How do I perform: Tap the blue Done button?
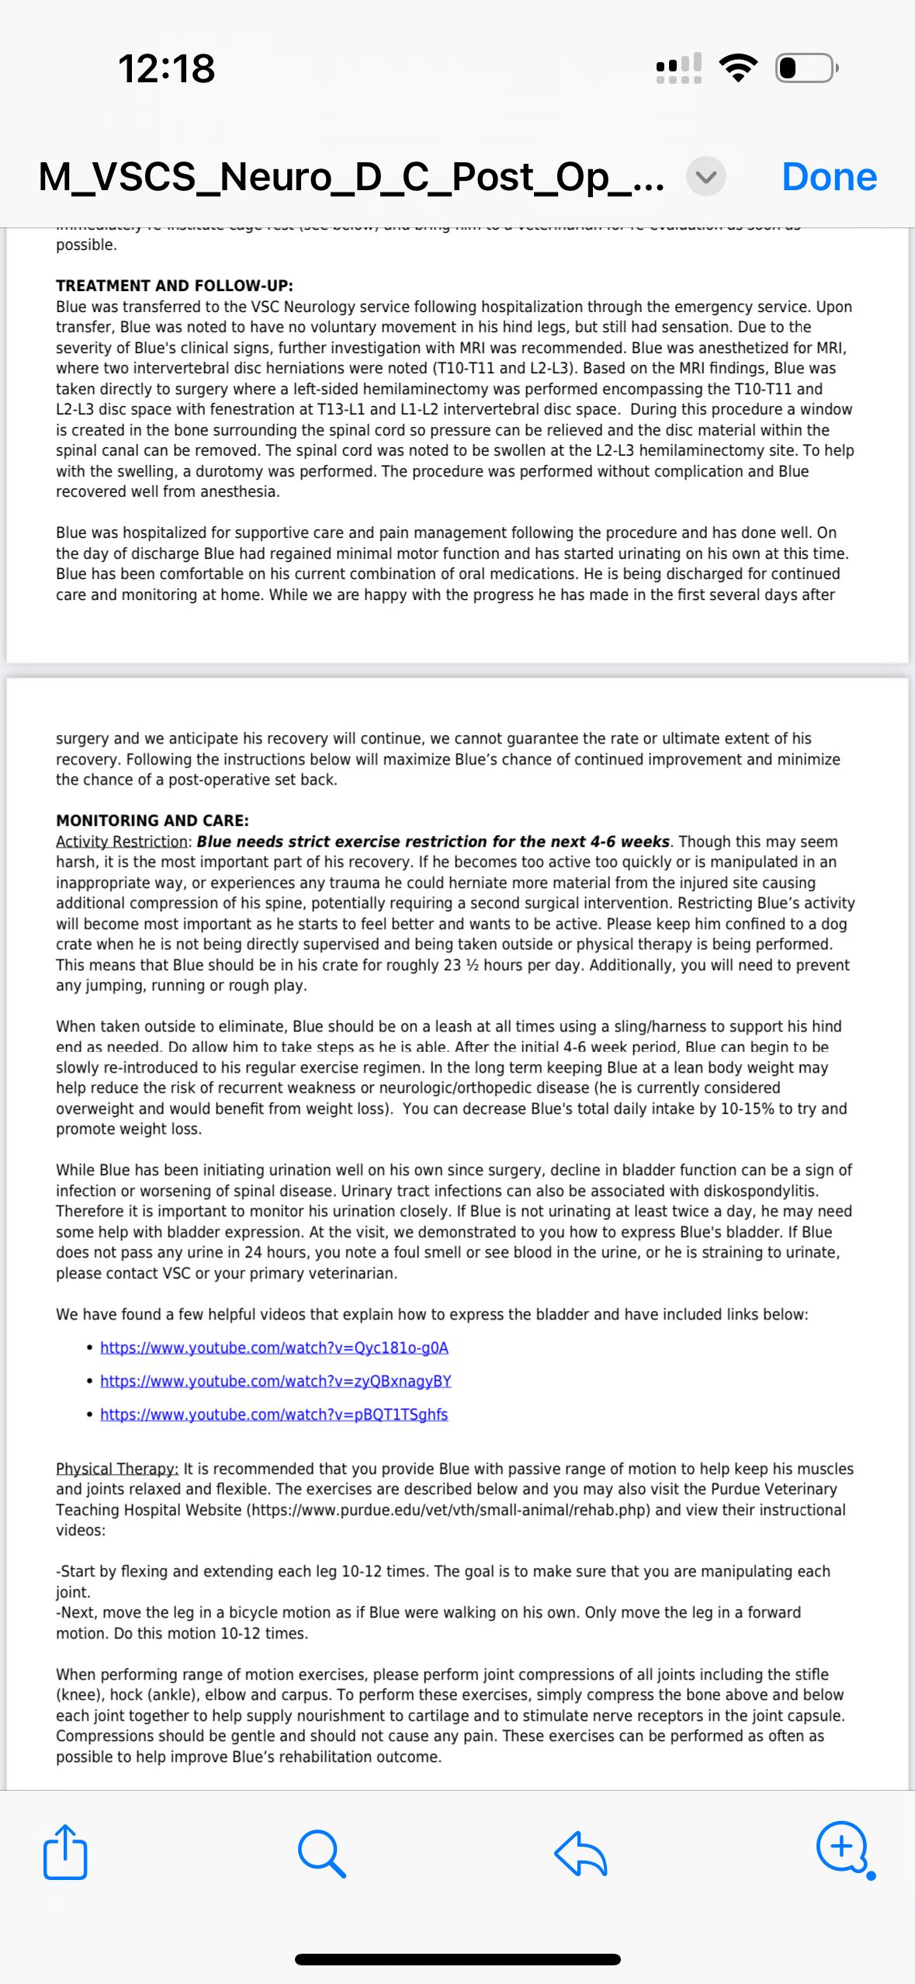[x=829, y=177]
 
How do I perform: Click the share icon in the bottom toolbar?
[x=65, y=1852]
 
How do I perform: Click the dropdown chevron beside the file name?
[x=705, y=177]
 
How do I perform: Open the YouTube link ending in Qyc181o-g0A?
[x=274, y=1348]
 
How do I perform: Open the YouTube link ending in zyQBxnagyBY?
[x=276, y=1381]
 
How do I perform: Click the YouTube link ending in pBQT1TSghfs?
[x=274, y=1414]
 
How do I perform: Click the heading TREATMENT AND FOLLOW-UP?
[x=174, y=286]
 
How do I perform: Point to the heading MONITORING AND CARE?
[x=152, y=820]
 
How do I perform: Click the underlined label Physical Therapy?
[x=116, y=1469]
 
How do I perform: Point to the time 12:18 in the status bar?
[x=166, y=68]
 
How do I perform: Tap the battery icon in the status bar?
[x=806, y=68]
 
